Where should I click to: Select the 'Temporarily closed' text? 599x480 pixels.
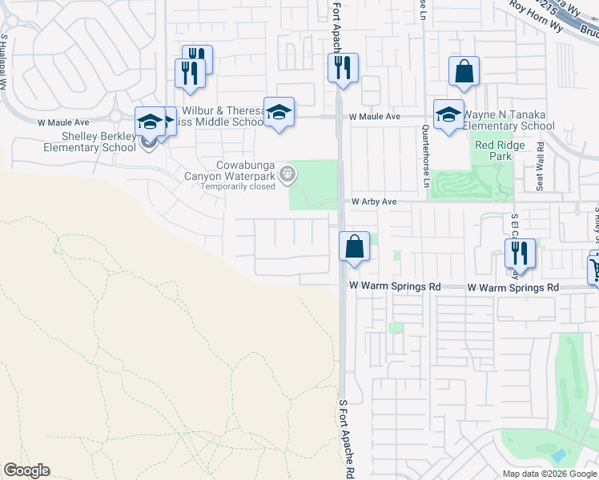(x=238, y=186)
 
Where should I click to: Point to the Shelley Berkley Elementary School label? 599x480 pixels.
(x=74, y=142)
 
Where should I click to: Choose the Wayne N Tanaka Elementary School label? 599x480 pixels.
(x=509, y=120)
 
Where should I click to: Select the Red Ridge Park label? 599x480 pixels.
(x=493, y=150)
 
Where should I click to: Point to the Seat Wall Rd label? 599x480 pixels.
(x=541, y=166)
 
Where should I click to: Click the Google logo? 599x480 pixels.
(x=26, y=470)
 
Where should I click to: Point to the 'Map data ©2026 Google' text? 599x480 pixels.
(x=549, y=474)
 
